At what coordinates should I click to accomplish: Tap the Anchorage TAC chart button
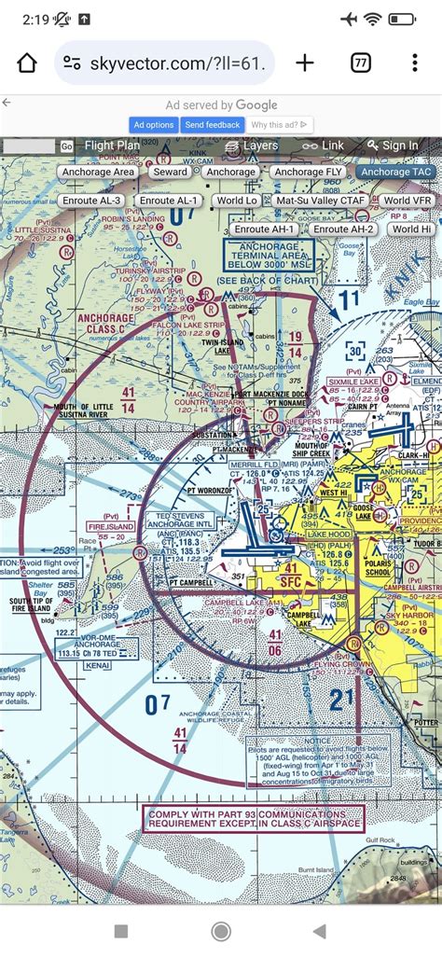click(x=395, y=172)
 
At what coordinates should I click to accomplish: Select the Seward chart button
click(x=171, y=172)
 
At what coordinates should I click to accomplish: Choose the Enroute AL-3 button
click(x=91, y=201)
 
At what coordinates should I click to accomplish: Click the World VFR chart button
click(x=407, y=201)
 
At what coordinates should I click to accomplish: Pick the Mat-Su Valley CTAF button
click(x=320, y=201)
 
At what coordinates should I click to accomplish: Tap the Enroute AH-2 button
click(x=343, y=229)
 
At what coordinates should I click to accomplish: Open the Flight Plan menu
click(x=112, y=146)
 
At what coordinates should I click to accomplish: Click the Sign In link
click(x=393, y=146)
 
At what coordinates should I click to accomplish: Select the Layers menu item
click(x=252, y=146)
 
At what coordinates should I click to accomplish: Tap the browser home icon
click(x=27, y=63)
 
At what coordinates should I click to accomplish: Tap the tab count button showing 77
click(x=360, y=63)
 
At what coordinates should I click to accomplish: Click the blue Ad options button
click(x=154, y=125)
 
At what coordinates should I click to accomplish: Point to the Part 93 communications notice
click(x=254, y=818)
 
